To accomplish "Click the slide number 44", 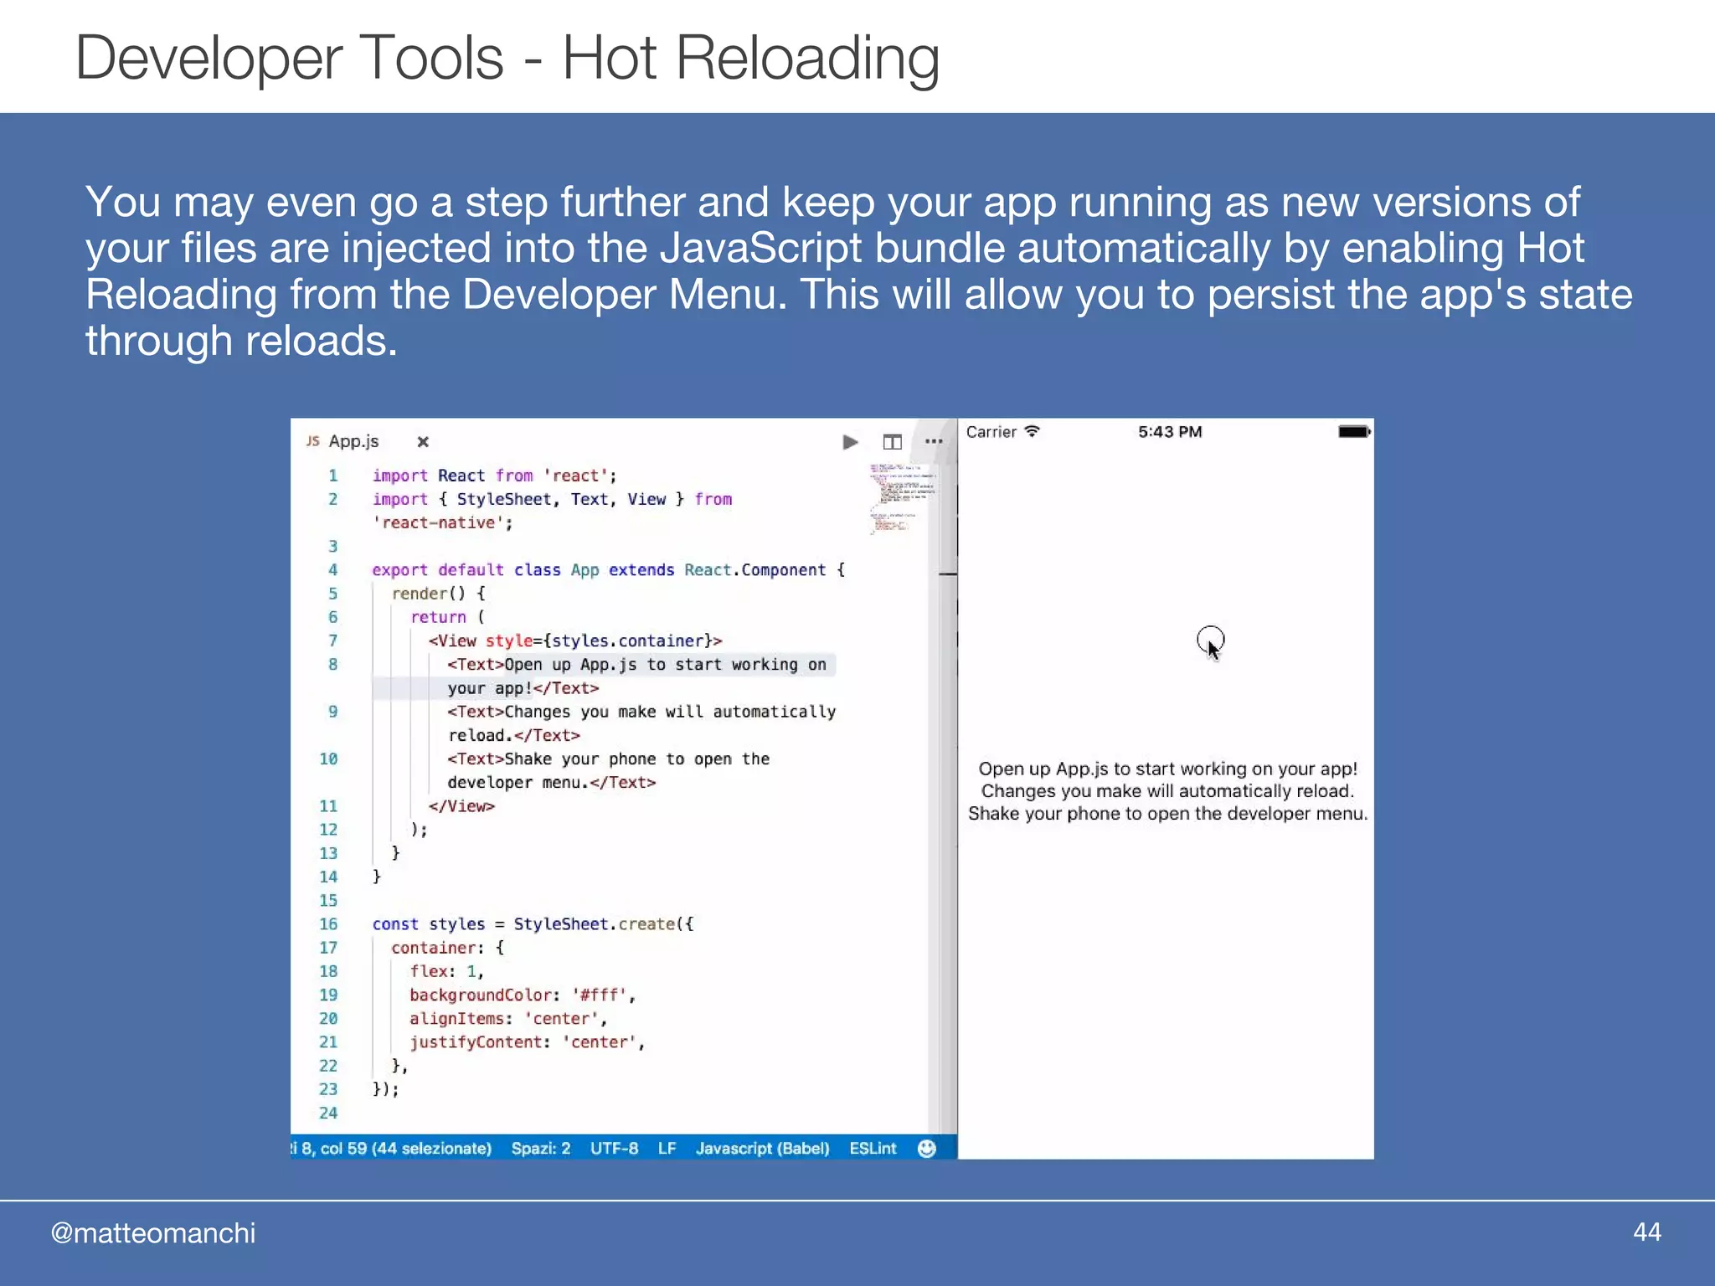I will (1646, 1232).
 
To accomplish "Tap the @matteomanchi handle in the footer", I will (153, 1233).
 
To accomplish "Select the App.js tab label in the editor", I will (353, 441).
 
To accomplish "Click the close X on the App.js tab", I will (423, 442).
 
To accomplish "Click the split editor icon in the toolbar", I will (892, 442).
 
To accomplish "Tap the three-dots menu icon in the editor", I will (934, 441).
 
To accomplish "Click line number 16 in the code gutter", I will (328, 924).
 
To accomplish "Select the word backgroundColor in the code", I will (481, 995).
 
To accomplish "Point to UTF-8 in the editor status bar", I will (614, 1149).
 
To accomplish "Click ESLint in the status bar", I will (873, 1149).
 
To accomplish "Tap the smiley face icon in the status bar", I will (926, 1149).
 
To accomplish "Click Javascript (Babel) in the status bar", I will (762, 1149).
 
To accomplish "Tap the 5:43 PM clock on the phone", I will (1170, 432).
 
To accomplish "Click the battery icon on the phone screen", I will (1353, 432).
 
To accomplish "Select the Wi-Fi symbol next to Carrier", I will (1033, 431).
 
